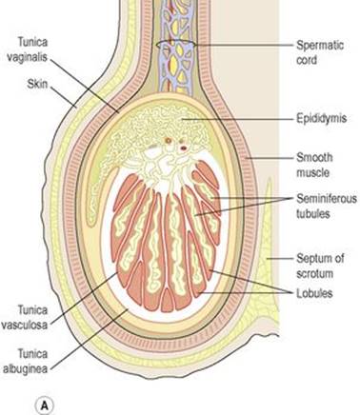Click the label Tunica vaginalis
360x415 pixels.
(28, 49)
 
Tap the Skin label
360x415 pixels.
(37, 84)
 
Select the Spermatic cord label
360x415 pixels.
(320, 52)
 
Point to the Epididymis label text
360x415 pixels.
(321, 118)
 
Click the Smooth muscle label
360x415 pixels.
(314, 165)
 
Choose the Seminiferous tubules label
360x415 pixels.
(327, 206)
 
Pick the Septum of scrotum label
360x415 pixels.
(320, 266)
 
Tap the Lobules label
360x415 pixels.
(314, 293)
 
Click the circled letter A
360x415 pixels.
(45, 405)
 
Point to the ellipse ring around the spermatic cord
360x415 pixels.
(176, 41)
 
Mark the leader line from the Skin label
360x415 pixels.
(64, 97)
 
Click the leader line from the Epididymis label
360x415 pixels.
(237, 119)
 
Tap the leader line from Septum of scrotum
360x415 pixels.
(279, 259)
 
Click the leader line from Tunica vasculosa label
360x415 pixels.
(84, 299)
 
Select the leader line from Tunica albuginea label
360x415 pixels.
(90, 340)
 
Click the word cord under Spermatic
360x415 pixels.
(307, 60)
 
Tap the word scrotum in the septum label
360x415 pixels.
(315, 273)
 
